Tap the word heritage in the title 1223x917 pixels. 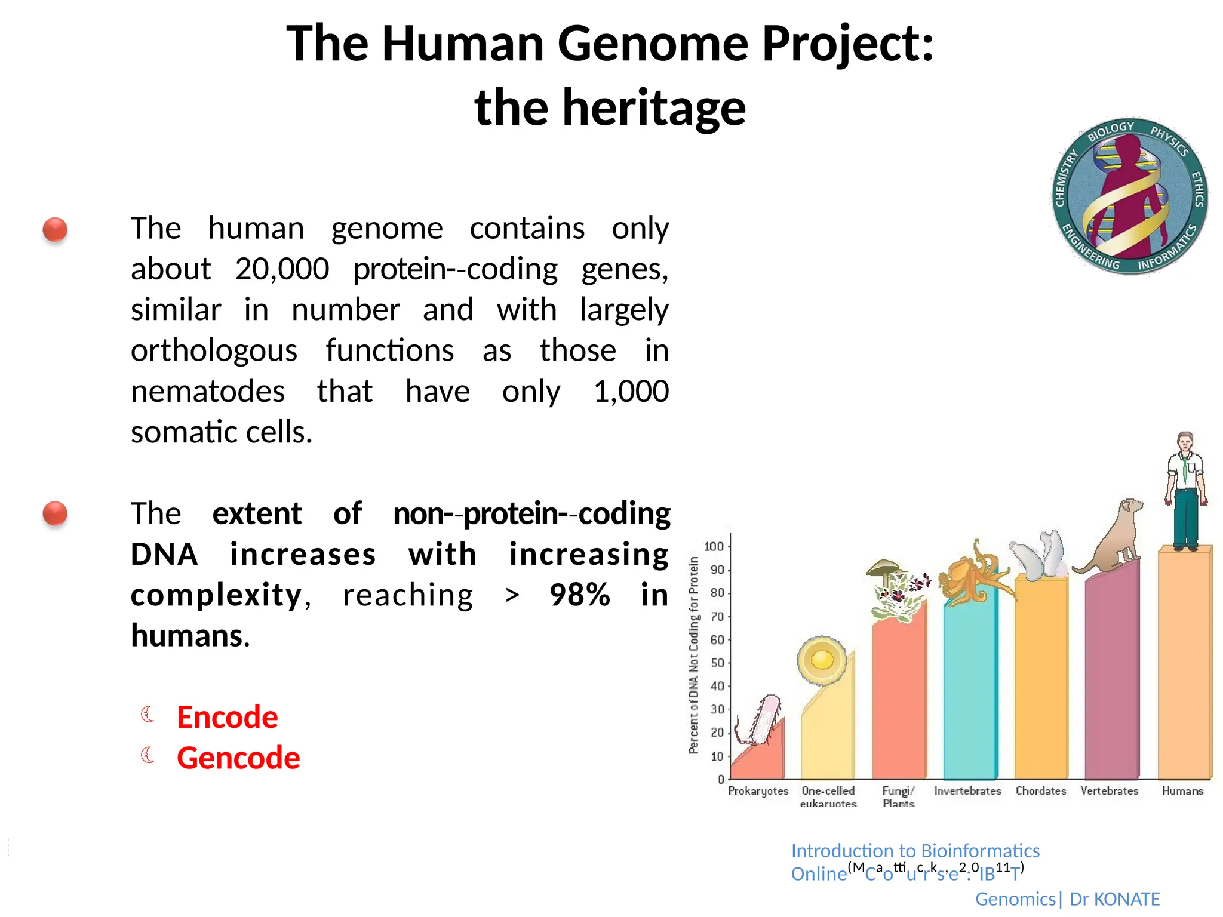coord(654,109)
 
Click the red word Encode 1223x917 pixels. coord(227,717)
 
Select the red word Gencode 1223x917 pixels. coord(238,758)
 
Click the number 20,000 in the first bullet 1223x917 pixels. coord(282,269)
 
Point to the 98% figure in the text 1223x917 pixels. coord(580,595)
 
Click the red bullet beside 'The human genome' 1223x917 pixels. coord(55,230)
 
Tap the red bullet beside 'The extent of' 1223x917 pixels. coord(55,513)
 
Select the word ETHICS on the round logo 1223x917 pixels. coord(1197,189)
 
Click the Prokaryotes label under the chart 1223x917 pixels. coord(758,791)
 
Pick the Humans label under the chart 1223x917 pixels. coord(1182,791)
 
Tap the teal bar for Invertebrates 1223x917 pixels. coord(969,693)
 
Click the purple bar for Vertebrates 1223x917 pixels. coord(1111,675)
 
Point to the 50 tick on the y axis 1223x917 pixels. coord(717,663)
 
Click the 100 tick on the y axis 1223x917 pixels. coord(714,547)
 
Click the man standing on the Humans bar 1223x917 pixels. coord(1185,490)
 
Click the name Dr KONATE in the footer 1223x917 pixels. coord(1114,899)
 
